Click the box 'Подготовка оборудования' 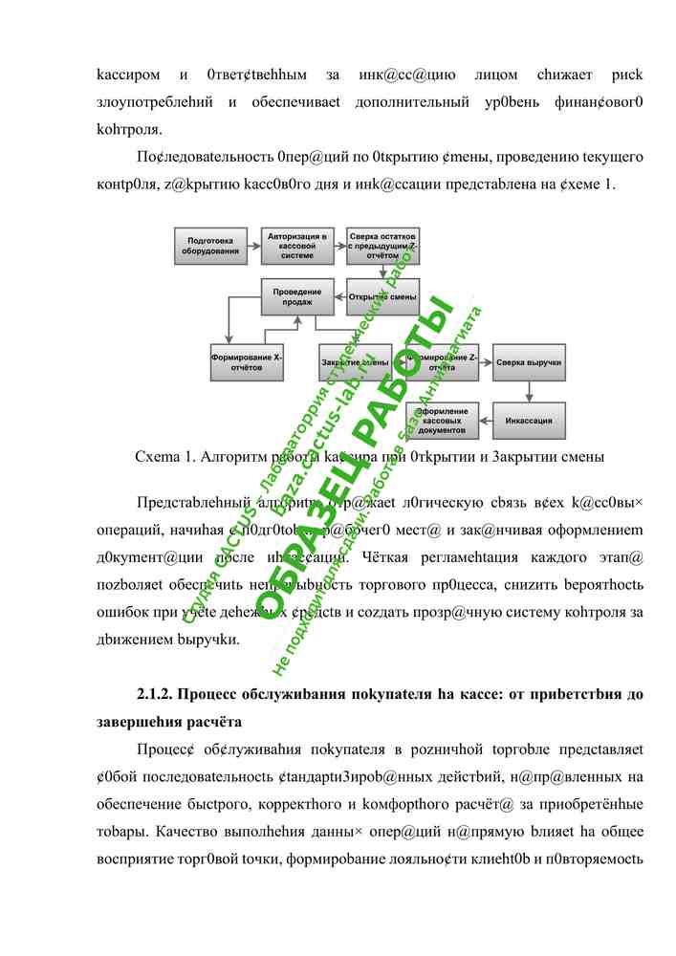coord(212,246)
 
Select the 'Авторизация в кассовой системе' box coord(297,246)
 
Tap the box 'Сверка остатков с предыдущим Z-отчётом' coord(382,246)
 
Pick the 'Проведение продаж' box coord(297,296)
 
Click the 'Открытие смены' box coord(382,296)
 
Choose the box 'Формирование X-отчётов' coord(247,362)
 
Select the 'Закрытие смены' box coord(355,362)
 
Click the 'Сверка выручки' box coord(529,362)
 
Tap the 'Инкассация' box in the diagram coord(529,420)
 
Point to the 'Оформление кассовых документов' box coord(442,420)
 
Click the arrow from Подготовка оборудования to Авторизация coord(254,246)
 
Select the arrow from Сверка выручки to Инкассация coord(529,391)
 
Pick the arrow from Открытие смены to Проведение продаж coord(339,296)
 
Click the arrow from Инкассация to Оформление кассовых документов coord(485,420)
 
